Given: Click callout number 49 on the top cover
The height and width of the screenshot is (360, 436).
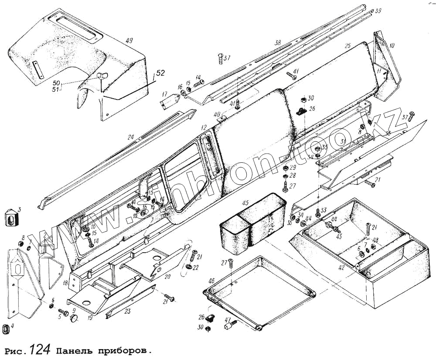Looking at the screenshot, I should (129, 41).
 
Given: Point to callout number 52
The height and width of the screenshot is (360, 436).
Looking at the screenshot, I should (160, 73).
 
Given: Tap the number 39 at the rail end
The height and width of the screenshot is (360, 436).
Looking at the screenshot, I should (378, 10).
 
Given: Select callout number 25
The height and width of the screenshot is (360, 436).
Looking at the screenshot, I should (347, 46).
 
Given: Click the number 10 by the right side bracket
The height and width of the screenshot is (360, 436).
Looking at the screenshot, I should (392, 45).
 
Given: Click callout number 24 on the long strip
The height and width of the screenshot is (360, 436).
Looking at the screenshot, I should (130, 137).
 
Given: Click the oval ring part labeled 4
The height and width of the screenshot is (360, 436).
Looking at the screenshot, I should (6, 328).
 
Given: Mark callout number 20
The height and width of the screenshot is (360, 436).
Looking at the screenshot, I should (168, 277).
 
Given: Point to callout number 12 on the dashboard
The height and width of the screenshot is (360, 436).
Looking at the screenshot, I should (203, 127).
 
